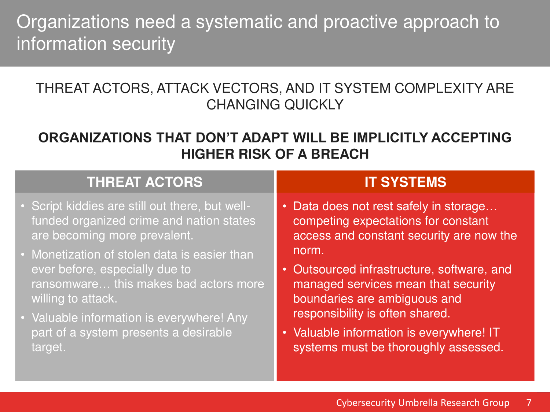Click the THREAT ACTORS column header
pyautogui.click(x=144, y=182)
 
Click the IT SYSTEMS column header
pyautogui.click(x=406, y=182)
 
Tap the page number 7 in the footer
pyautogui.click(x=529, y=402)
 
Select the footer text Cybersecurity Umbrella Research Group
pyautogui.click(x=423, y=403)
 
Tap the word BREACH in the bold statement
pyautogui.click(x=340, y=154)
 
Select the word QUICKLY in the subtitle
pyautogui.click(x=314, y=105)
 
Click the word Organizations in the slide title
pyautogui.click(x=73, y=22)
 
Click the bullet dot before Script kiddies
pyautogui.click(x=23, y=206)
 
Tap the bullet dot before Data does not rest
pyautogui.click(x=285, y=206)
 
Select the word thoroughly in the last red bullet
pyautogui.click(x=417, y=348)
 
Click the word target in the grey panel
pyautogui.click(x=49, y=347)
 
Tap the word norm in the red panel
pyautogui.click(x=308, y=250)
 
